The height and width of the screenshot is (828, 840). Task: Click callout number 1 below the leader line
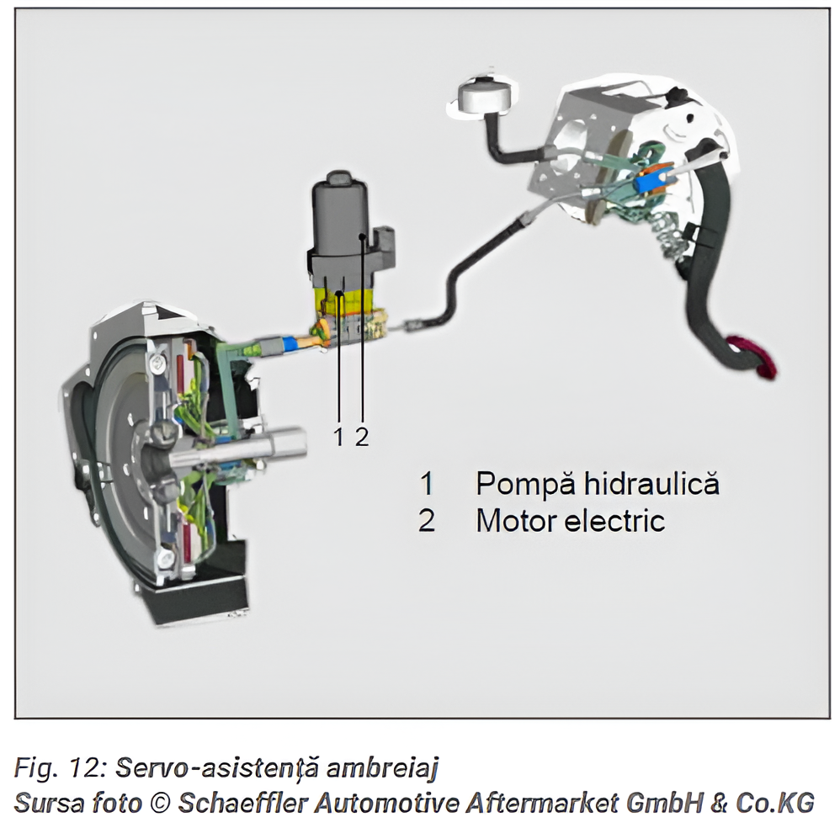point(338,437)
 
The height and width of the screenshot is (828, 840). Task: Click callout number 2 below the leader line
point(362,437)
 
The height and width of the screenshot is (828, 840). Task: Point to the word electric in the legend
point(615,521)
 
